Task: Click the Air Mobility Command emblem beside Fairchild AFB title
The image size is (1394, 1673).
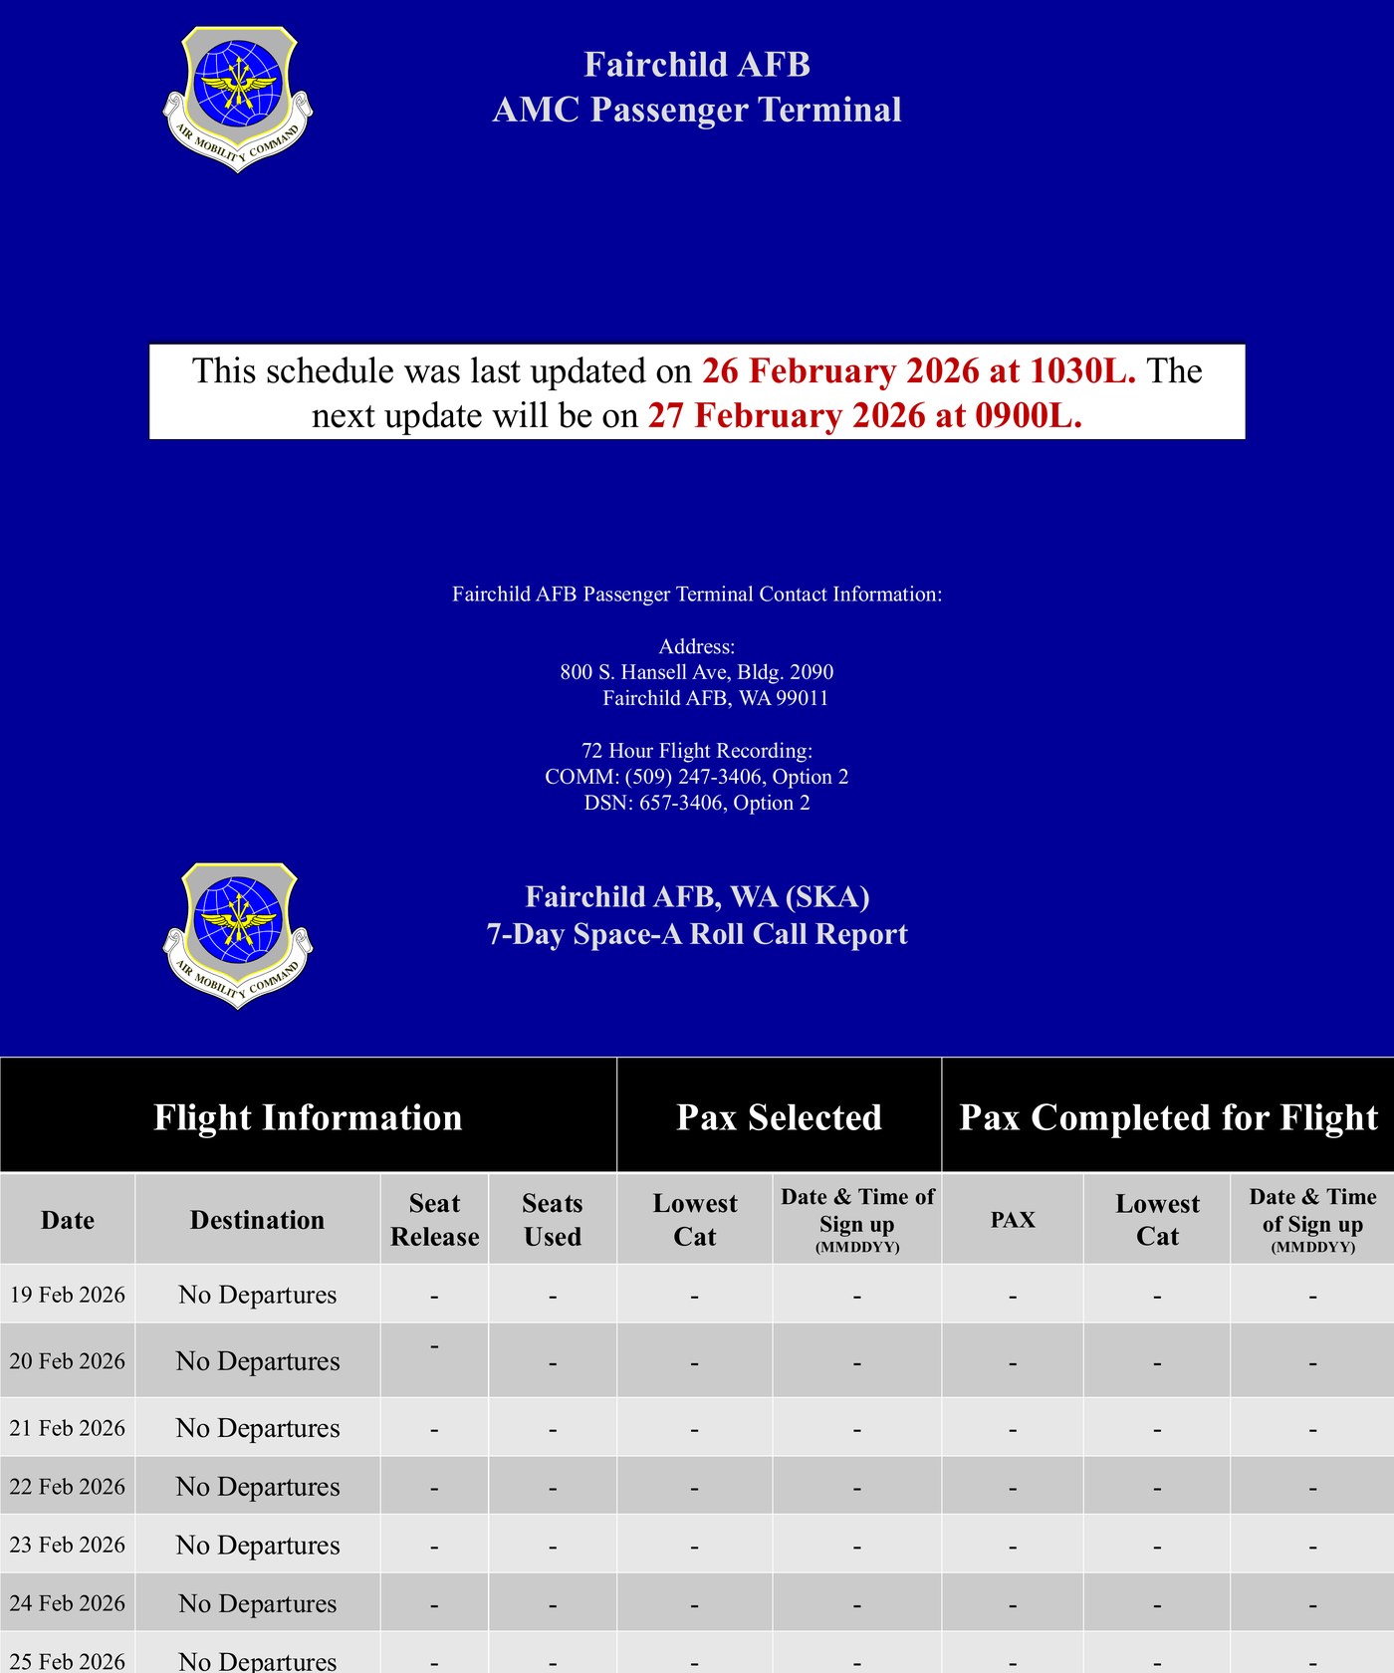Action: pos(237,98)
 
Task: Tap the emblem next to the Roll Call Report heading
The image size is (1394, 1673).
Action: pos(237,934)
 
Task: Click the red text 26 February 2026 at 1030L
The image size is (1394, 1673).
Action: pos(918,370)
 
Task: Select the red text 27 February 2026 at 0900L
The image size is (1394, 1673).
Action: pos(864,415)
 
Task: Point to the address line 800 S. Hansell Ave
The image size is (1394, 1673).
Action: pos(696,672)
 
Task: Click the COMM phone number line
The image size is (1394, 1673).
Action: pos(696,777)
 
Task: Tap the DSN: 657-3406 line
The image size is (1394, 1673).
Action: pos(696,803)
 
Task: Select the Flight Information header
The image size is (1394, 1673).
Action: pos(308,1117)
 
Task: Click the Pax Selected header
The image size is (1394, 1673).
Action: pos(779,1117)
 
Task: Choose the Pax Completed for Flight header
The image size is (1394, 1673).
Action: pos(1168,1117)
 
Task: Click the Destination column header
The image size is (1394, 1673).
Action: pos(257,1220)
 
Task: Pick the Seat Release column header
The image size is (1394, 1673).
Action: pos(434,1220)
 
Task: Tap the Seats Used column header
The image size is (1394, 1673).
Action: pos(552,1220)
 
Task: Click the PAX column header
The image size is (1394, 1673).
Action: pos(1013,1220)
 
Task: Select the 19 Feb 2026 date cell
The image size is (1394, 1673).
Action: pos(68,1295)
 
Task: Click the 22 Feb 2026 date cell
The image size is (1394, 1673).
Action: pos(68,1487)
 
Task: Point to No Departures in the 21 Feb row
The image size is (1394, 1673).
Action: pos(258,1428)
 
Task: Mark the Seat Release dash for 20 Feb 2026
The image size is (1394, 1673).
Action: pos(434,1346)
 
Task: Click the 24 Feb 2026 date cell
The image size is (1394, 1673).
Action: pos(68,1603)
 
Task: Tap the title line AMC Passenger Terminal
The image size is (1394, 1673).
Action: pos(696,110)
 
